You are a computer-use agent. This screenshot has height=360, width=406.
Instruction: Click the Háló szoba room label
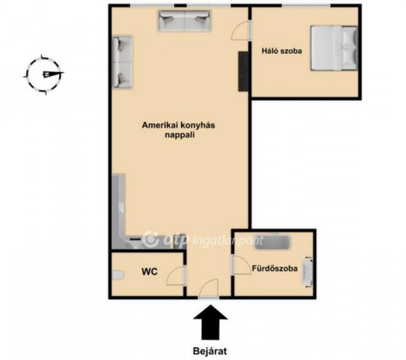point(282,51)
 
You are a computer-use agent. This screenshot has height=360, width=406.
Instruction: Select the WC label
point(149,271)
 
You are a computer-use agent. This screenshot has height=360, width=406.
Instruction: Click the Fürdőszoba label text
point(275,268)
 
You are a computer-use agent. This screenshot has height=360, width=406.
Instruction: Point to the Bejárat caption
point(210,351)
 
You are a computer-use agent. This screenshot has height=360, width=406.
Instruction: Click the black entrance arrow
point(210,322)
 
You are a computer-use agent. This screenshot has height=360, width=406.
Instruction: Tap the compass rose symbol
point(44,75)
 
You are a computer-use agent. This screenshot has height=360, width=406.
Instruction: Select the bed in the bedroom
point(334,48)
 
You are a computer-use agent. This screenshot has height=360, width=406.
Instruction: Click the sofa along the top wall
point(184,21)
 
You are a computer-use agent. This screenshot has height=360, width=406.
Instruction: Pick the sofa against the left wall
point(122,62)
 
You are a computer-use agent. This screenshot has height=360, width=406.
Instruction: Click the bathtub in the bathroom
point(272,242)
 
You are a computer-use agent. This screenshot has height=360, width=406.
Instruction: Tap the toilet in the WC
point(118,275)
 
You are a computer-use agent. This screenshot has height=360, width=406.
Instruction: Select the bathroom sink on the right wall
point(308,272)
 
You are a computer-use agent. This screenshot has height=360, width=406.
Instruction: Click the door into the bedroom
point(241,31)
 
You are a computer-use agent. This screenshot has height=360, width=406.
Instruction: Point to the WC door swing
point(176,275)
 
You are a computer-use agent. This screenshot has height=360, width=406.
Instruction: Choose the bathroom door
point(241,265)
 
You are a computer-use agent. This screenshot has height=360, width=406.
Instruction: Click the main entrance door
point(209,289)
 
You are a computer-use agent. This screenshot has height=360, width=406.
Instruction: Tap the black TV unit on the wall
point(243,71)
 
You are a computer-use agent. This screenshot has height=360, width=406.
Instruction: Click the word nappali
point(180,135)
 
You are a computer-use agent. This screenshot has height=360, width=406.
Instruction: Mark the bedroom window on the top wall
point(306,5)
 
